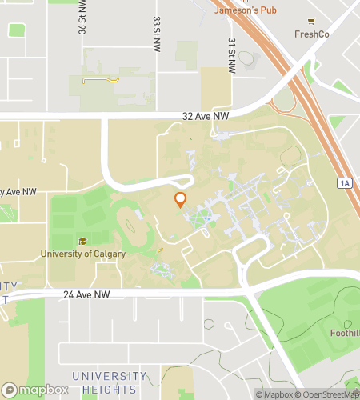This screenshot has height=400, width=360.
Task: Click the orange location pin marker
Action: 181,199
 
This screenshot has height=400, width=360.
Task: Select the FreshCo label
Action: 312,34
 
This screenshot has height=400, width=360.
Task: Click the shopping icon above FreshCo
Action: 312,21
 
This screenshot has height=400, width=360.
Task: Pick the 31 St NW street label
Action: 231,56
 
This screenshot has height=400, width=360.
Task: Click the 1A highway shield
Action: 345,183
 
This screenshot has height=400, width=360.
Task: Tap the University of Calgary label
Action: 83,254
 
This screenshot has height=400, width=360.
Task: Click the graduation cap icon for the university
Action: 82,242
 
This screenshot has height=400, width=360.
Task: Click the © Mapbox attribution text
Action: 274,394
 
